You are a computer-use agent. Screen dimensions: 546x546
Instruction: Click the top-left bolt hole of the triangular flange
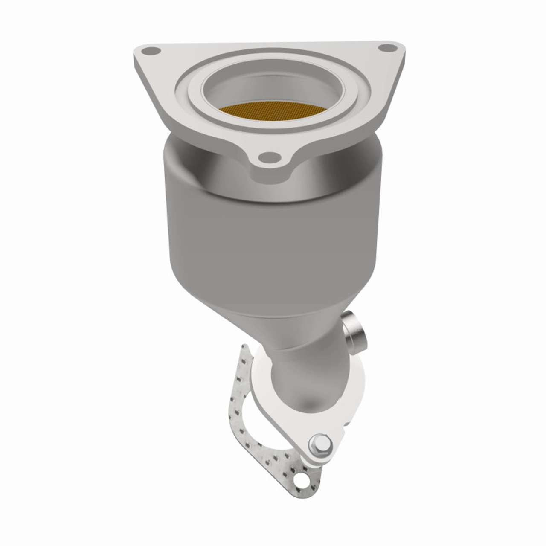coord(146,52)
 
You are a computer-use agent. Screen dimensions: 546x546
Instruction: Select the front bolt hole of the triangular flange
coord(268,157)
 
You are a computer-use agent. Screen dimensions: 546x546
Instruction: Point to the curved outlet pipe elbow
coord(311,363)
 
